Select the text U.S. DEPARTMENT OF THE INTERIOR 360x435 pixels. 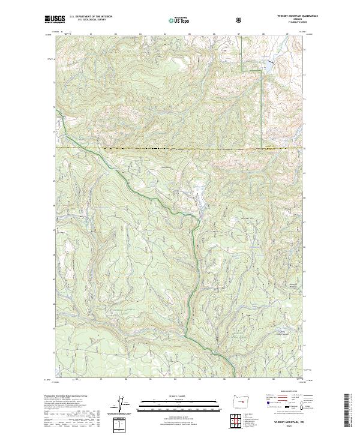tap(91, 17)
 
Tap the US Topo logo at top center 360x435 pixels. tap(180, 19)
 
